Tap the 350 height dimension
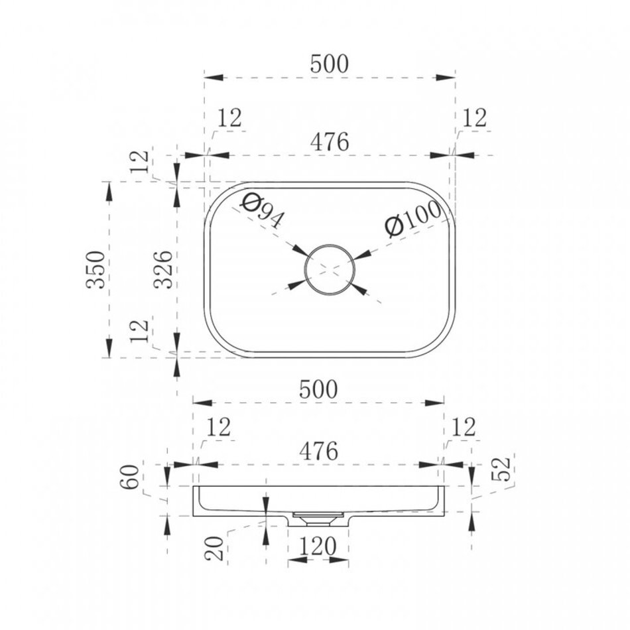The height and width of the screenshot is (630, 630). point(95,269)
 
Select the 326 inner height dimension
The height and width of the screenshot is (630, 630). point(164,269)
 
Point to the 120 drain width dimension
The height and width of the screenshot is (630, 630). point(317,546)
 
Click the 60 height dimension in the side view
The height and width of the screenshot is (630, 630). point(130,477)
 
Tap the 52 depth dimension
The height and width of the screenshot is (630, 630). point(502,468)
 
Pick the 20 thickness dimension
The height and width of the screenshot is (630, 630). point(214,548)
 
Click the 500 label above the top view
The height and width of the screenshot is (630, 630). point(330,64)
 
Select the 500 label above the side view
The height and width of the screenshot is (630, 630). point(318,389)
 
